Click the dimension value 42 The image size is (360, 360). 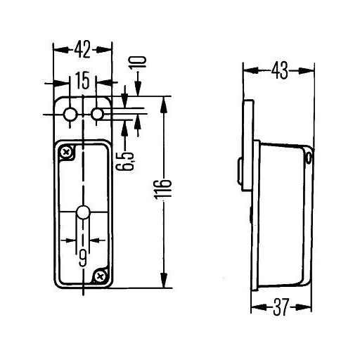[x=82, y=50]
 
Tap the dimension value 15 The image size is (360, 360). [x=83, y=80]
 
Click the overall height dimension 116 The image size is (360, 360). [x=163, y=192]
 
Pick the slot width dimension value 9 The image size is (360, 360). [x=82, y=258]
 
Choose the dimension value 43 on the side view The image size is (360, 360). [x=280, y=70]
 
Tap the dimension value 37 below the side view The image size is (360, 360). [x=281, y=307]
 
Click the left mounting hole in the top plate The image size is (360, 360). [x=70, y=115]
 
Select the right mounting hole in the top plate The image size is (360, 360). [x=97, y=115]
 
